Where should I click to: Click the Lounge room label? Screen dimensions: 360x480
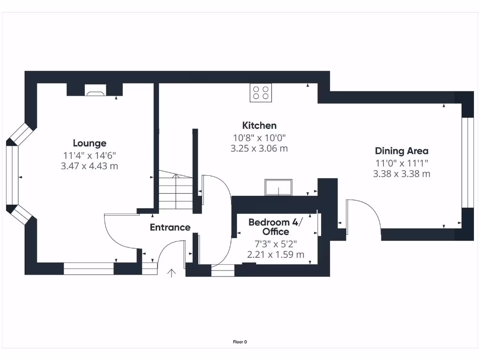(x=90, y=143)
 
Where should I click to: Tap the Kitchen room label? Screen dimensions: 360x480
(x=259, y=126)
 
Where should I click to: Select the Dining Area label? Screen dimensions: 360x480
(x=401, y=151)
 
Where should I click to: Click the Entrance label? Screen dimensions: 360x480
(x=170, y=228)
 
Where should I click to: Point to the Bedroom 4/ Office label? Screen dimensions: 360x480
(x=276, y=227)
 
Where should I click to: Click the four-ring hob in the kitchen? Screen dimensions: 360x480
(x=261, y=92)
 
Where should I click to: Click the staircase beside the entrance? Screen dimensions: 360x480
(x=176, y=190)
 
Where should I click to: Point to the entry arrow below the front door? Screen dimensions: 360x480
(x=172, y=273)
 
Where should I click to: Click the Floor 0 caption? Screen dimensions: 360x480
(x=240, y=342)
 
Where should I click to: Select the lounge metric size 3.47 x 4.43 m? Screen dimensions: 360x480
(x=90, y=166)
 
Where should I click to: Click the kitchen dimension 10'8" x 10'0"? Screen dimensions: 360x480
(x=259, y=138)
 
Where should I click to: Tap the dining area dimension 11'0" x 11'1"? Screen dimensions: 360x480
(x=401, y=163)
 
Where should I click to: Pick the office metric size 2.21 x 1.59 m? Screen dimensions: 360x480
(x=276, y=255)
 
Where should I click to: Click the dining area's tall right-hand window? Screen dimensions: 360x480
(x=465, y=162)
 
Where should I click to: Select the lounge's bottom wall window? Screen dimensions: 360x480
(x=89, y=269)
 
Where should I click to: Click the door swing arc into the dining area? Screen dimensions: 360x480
(x=366, y=216)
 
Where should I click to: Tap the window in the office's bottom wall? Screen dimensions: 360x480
(x=223, y=270)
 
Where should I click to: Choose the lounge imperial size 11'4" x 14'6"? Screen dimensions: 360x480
(x=90, y=155)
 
